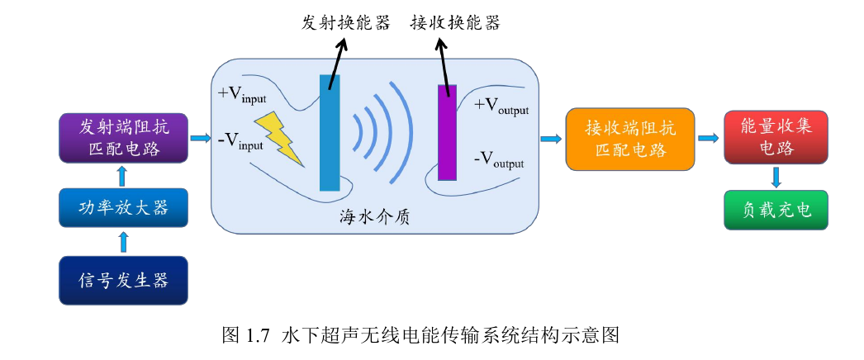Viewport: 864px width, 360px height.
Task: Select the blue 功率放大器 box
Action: (124, 207)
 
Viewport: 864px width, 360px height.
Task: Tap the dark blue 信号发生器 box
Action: (124, 281)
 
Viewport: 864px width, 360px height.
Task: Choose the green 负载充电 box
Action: (775, 211)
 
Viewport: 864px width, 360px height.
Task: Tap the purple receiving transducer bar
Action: (447, 132)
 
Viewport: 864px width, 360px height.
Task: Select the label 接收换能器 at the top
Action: (454, 22)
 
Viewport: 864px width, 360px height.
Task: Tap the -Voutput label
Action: (499, 159)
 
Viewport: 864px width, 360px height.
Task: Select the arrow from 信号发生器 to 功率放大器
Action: (124, 242)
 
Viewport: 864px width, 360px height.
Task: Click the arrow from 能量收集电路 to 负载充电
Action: (776, 177)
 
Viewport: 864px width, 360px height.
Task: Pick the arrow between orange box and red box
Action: (707, 137)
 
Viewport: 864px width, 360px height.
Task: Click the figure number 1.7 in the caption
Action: (258, 335)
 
